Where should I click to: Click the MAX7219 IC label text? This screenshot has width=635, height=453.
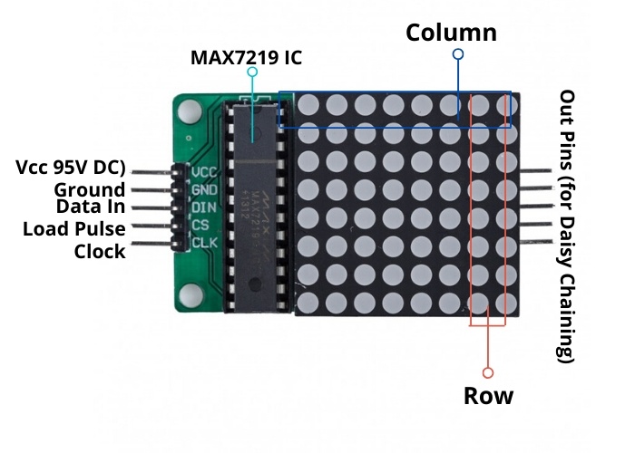[x=245, y=58]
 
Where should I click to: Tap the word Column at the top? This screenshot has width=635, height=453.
[x=451, y=33]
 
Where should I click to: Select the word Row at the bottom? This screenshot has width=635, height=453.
[x=488, y=396]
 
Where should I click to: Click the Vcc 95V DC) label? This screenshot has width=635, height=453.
[x=70, y=169]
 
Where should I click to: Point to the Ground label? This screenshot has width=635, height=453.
[x=89, y=189]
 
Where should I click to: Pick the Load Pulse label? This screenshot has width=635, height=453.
[x=74, y=228]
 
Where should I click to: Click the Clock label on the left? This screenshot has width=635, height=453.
[x=100, y=251]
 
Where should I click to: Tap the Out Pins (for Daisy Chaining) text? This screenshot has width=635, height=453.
[x=569, y=226]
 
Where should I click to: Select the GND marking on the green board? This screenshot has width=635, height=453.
[x=204, y=189]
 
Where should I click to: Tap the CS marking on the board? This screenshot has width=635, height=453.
[x=200, y=225]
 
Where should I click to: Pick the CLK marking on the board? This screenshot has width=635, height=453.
[x=204, y=242]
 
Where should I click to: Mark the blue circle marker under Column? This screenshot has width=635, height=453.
[x=458, y=54]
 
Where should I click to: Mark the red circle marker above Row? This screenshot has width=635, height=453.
[x=488, y=371]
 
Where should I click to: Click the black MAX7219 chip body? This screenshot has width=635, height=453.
[x=253, y=195]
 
